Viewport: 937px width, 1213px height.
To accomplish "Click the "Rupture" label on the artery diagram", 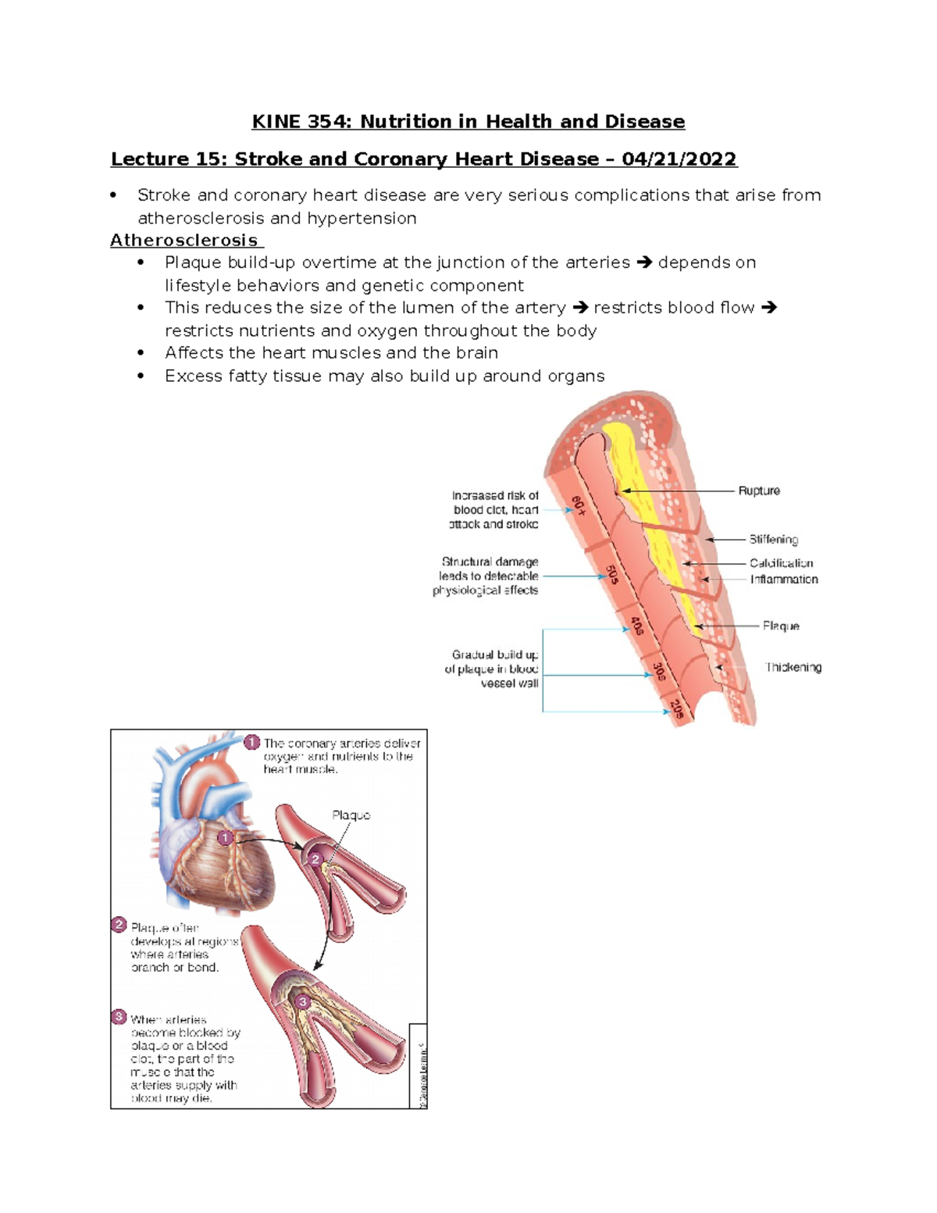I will [x=759, y=491].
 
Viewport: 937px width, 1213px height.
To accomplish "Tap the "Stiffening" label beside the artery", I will [x=773, y=539].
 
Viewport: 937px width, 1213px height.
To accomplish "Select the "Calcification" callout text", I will [x=781, y=562].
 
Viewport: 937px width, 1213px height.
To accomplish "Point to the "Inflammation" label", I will [x=784, y=579].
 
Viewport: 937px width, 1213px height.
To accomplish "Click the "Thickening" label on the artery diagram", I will [x=793, y=667].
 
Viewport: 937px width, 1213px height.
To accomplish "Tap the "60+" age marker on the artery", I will [x=579, y=505].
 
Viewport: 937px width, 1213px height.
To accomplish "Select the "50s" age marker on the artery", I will [x=613, y=574].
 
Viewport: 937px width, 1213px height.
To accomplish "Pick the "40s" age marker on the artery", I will [x=637, y=625].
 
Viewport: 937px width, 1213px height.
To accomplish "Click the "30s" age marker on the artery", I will [x=659, y=671].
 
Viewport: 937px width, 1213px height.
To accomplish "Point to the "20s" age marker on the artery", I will [x=677, y=708].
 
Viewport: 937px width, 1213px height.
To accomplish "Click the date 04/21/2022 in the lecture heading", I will [x=679, y=159].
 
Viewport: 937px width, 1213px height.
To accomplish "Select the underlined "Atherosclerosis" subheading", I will [x=184, y=241].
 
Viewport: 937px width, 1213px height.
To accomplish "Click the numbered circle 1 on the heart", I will [x=225, y=837].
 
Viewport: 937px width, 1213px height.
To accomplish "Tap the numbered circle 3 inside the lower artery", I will [x=302, y=1001].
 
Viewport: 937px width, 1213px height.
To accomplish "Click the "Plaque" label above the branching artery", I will [x=351, y=815].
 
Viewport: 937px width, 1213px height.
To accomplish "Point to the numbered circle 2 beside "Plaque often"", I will [x=119, y=925].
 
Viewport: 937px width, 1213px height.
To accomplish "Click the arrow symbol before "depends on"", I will [x=644, y=262].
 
